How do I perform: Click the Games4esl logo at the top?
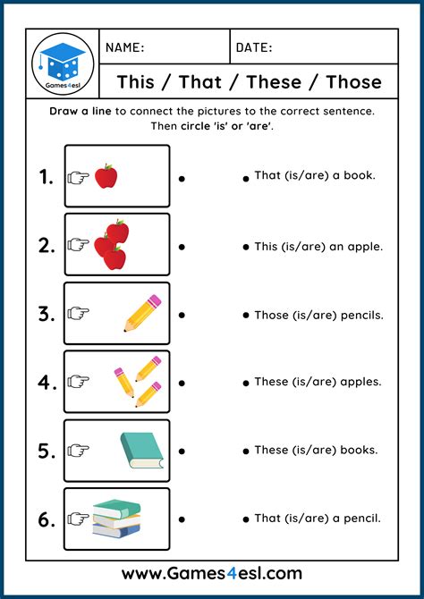click(63, 63)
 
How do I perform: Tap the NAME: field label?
click(125, 47)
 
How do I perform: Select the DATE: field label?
click(254, 47)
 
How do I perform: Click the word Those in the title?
click(353, 82)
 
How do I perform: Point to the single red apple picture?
click(106, 176)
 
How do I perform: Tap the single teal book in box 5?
click(142, 450)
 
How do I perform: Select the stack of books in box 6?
click(116, 518)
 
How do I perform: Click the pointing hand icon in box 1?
click(80, 177)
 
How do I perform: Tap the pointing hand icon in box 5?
click(80, 451)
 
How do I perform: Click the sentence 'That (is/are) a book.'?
click(314, 175)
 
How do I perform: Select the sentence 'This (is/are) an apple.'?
click(318, 246)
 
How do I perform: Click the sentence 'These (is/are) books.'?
click(315, 450)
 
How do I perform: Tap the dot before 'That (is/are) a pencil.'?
click(246, 519)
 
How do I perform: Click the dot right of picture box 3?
click(182, 315)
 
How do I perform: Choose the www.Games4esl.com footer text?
click(212, 573)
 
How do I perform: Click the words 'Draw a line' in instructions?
click(81, 111)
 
